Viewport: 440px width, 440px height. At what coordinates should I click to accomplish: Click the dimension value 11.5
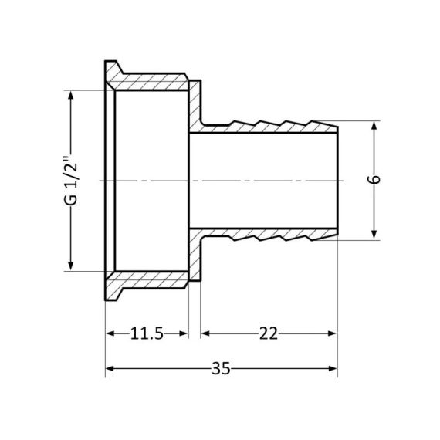pos(147,333)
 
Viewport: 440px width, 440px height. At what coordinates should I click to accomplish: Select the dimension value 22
pos(268,333)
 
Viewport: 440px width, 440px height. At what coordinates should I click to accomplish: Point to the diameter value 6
pos(374,180)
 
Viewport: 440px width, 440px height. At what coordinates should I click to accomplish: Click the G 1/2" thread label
pos(71,181)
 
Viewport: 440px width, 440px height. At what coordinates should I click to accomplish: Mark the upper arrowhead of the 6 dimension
pos(374,126)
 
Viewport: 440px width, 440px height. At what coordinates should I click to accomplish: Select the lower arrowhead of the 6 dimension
pos(374,235)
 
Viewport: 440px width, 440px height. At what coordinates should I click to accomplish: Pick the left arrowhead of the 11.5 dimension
pos(110,333)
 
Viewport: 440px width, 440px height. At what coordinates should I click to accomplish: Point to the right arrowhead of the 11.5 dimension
pos(184,333)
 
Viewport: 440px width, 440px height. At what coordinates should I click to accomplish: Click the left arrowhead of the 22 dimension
pos(206,333)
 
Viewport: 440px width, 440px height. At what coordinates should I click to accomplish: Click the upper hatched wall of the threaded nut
pos(151,80)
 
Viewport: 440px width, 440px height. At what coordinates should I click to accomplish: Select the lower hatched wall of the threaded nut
pos(151,280)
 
